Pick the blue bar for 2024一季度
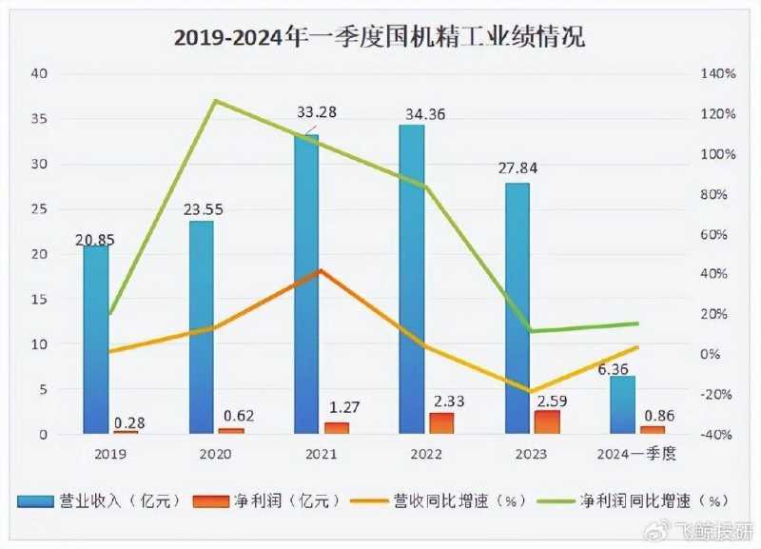(x=622, y=405)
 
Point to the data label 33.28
(x=317, y=113)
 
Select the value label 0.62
(x=233, y=415)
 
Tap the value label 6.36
(x=625, y=367)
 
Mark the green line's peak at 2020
(x=215, y=100)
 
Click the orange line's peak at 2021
(x=321, y=270)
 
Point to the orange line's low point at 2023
(x=530, y=390)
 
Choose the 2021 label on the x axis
(x=321, y=454)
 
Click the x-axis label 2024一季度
(x=635, y=454)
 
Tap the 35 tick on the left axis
(x=38, y=119)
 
